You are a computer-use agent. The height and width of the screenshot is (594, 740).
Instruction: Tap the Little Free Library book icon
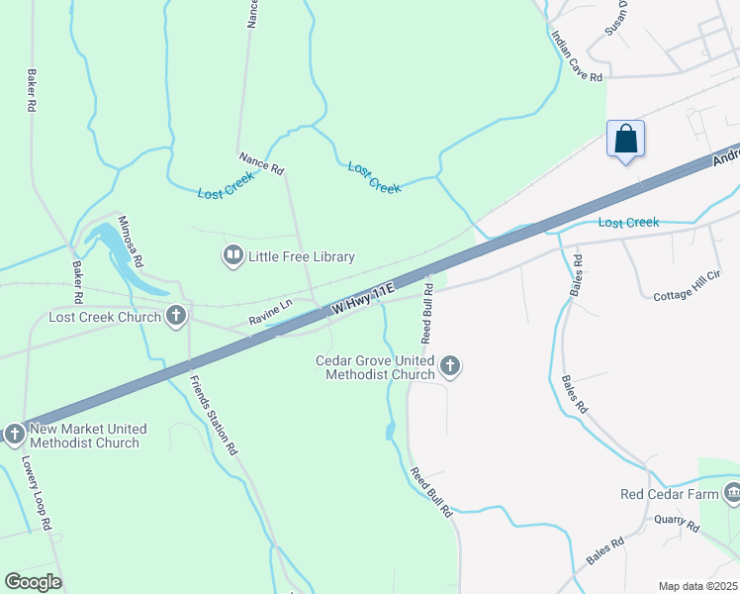click(232, 256)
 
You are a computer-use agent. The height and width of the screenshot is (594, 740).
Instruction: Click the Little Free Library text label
click(300, 257)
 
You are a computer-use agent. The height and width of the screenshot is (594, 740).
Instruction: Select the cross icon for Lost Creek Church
click(176, 317)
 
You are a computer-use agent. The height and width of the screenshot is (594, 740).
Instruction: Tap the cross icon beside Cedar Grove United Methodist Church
click(450, 367)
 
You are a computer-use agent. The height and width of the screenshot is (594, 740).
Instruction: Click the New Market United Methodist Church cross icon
click(14, 434)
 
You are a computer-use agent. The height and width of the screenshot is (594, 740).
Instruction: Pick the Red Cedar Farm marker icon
click(732, 492)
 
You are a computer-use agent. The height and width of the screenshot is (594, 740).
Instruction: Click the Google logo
click(33, 582)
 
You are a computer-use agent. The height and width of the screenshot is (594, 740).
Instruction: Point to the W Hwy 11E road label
click(363, 298)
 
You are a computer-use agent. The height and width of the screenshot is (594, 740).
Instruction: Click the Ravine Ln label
click(271, 312)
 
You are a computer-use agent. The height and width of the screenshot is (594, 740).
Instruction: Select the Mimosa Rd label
click(131, 243)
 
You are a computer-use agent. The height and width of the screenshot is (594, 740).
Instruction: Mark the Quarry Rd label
click(677, 523)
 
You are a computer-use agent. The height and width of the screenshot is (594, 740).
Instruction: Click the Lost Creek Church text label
click(105, 318)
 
